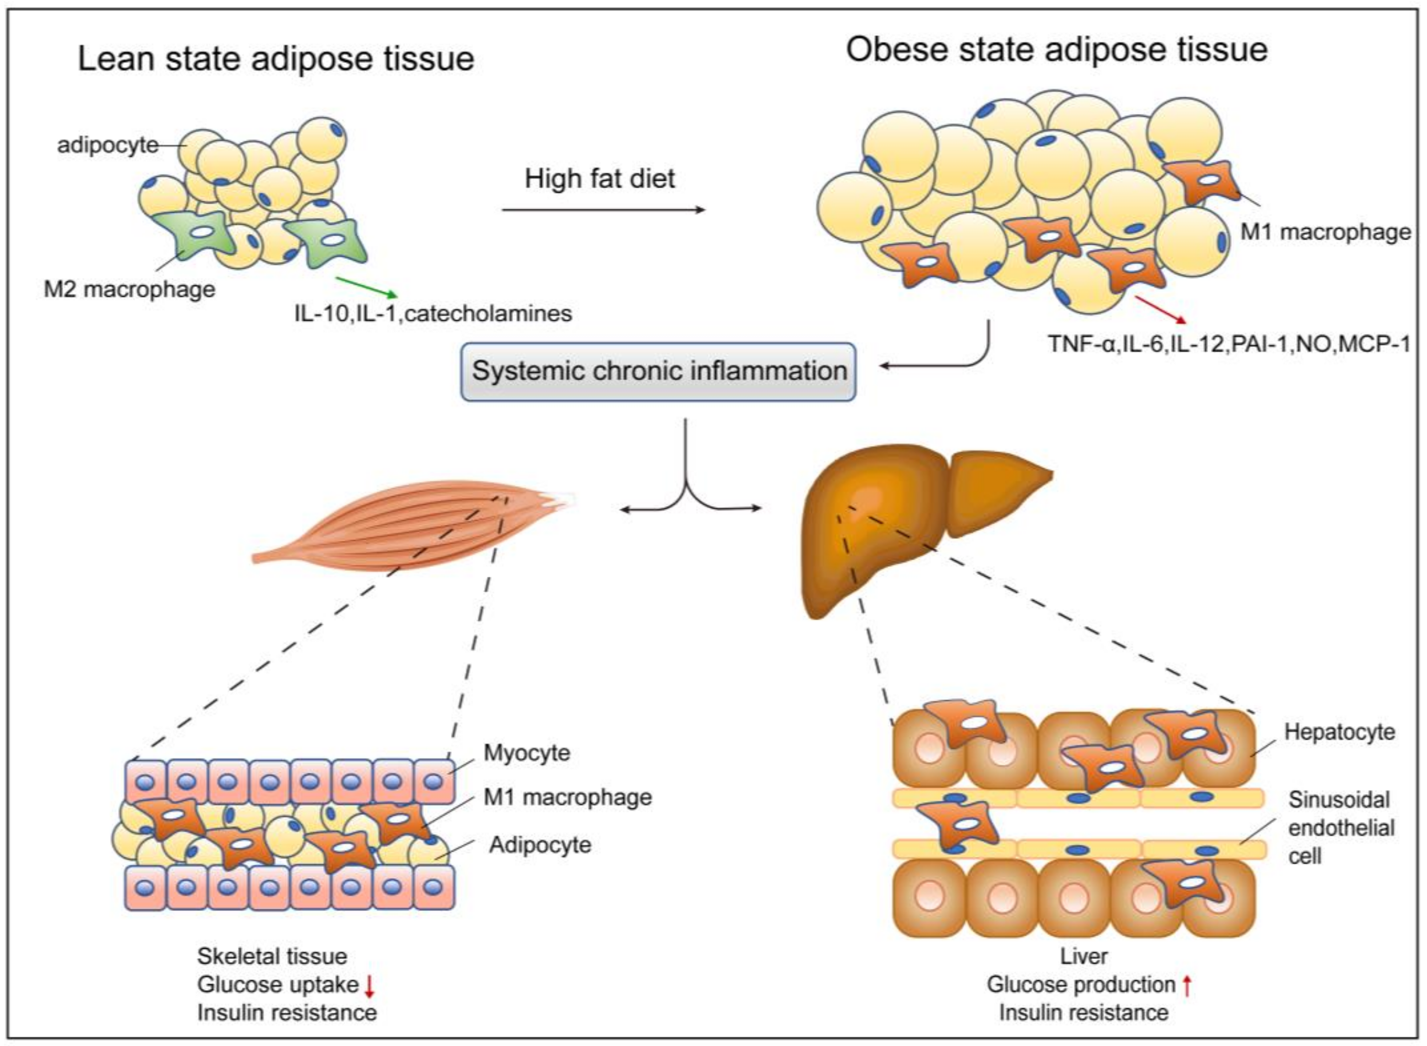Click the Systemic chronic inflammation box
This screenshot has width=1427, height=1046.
point(658,372)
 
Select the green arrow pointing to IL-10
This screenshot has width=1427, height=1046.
point(367,287)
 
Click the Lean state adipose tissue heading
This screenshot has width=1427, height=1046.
point(276,59)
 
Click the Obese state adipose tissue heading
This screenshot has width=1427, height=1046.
point(1057,49)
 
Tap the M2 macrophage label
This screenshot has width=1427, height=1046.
point(129,289)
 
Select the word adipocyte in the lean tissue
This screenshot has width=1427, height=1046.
point(107,145)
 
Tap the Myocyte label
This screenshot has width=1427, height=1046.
point(527,753)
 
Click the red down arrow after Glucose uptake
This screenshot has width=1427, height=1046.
point(370,985)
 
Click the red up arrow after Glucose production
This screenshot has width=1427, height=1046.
point(1187,985)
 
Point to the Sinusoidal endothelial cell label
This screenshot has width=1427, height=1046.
point(1340,828)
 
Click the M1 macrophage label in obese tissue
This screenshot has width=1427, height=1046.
point(1325,232)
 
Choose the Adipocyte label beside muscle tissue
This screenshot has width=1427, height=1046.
point(540,844)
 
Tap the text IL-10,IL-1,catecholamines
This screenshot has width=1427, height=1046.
point(433,313)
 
